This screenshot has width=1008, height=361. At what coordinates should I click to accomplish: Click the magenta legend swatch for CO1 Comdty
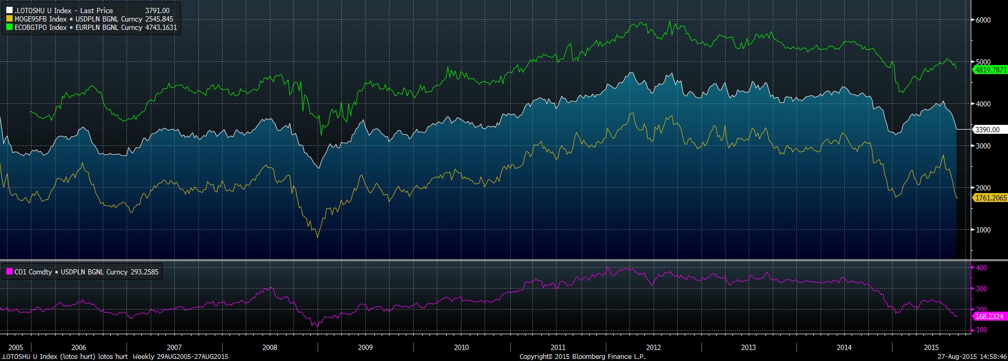coord(9,272)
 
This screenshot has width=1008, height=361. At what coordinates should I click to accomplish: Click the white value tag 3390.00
coord(987,130)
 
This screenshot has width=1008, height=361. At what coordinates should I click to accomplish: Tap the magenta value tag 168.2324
coord(988,316)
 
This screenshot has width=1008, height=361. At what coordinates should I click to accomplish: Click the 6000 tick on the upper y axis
coord(983,20)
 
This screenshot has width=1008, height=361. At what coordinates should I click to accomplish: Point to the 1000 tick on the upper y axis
coord(983,230)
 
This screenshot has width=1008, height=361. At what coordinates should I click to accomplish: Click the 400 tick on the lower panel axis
coord(981,268)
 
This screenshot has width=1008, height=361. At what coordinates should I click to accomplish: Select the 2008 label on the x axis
coord(269,347)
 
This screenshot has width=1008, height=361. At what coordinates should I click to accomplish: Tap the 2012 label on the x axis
coord(654,347)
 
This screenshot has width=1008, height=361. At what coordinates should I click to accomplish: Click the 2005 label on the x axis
coord(16,347)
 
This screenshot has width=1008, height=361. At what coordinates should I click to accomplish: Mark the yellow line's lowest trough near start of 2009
coord(317,238)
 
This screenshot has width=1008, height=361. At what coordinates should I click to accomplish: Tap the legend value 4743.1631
coord(161,27)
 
